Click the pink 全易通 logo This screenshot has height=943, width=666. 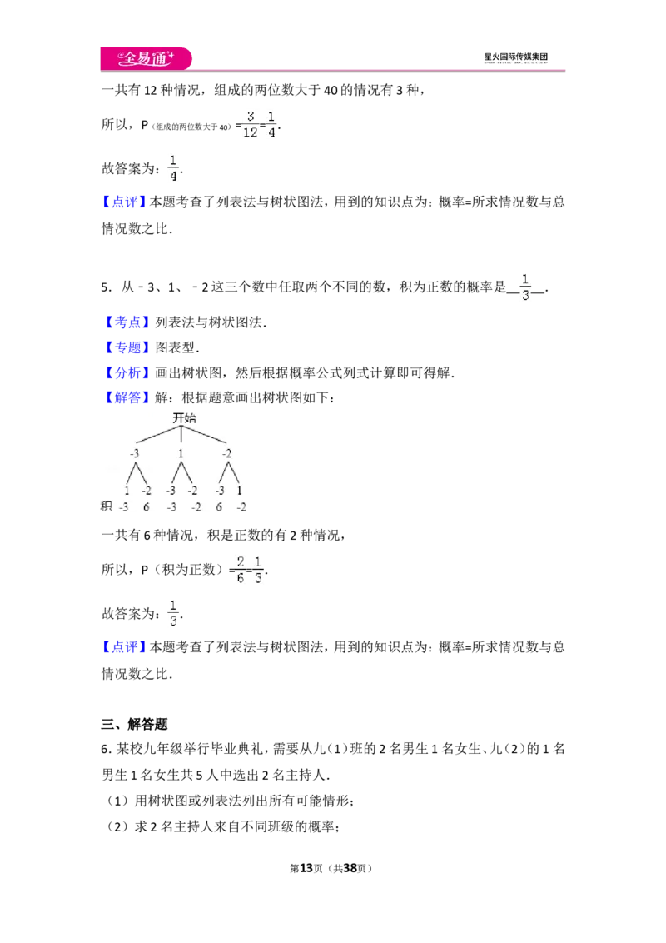coord(146,58)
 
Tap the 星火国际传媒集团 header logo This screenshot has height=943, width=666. coord(515,57)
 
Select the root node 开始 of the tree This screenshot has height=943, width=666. coord(185,417)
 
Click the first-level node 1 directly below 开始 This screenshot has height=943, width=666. coord(181,453)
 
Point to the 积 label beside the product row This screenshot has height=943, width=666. coord(107,506)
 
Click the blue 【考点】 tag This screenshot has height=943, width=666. coord(127,322)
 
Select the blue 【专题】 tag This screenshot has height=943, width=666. coord(127,347)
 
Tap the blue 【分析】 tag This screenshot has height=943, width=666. coord(127,373)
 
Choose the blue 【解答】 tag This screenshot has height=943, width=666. coord(127,397)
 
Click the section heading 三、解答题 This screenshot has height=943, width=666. coord(134,724)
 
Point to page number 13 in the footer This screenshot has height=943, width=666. coord(306,868)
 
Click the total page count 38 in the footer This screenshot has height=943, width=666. coord(350,868)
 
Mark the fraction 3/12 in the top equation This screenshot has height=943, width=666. coord(250,124)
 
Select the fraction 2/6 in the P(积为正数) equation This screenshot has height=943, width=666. coord(241,570)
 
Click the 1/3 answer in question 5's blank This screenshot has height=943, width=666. coord(525,287)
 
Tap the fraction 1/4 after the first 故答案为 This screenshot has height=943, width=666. coord(173,168)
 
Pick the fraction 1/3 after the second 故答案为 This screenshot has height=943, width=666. coord(173,613)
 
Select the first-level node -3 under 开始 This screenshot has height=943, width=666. coord(134,453)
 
